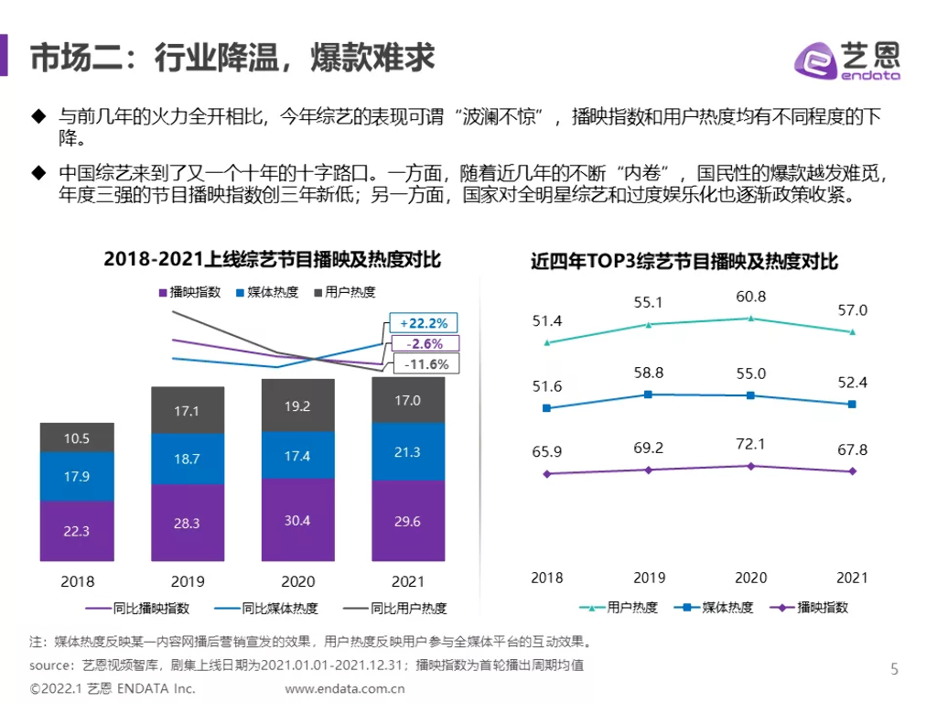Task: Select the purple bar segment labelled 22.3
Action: (x=77, y=531)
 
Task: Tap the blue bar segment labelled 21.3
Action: (x=407, y=451)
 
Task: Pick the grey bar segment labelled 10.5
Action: (x=77, y=438)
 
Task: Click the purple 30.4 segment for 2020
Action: (x=297, y=520)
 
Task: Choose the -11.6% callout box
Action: (x=425, y=364)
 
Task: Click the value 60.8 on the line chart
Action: (x=750, y=297)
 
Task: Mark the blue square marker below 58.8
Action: (x=648, y=395)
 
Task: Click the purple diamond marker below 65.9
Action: (x=547, y=474)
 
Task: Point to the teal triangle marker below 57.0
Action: (x=853, y=331)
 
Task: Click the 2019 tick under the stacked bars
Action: (x=187, y=581)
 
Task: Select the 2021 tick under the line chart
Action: (x=852, y=578)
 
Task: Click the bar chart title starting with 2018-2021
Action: (x=272, y=260)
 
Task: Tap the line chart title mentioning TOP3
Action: (x=684, y=262)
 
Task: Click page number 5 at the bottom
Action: (x=894, y=669)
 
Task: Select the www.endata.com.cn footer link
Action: (x=345, y=688)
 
